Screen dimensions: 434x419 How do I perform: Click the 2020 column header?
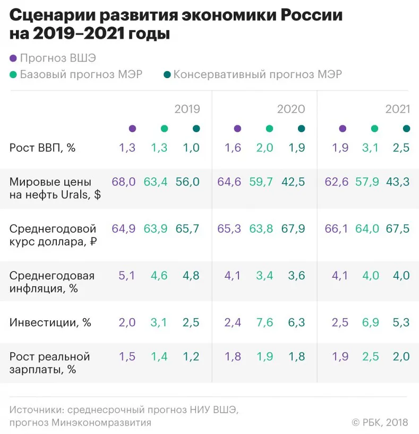click(x=291, y=109)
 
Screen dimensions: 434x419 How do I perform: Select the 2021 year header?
click(x=398, y=109)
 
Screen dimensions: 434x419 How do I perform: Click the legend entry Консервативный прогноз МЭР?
click(x=258, y=74)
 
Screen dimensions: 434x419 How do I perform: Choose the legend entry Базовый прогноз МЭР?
click(x=81, y=74)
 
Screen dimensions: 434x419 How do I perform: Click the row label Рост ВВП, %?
click(x=42, y=148)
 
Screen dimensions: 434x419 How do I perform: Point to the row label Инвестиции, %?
click(x=50, y=322)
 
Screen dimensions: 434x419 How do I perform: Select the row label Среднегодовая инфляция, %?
click(x=52, y=282)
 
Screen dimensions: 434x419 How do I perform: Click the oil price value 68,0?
click(x=123, y=182)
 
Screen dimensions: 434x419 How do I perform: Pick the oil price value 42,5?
click(x=293, y=182)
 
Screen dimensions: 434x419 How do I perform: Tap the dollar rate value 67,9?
click(x=293, y=229)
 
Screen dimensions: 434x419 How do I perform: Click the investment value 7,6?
click(x=264, y=322)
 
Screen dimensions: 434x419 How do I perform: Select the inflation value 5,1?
click(x=127, y=276)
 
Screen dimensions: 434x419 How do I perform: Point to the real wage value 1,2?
click(x=191, y=356)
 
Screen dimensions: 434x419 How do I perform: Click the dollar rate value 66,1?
click(x=336, y=229)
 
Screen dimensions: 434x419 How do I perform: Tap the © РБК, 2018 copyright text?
click(x=380, y=422)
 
